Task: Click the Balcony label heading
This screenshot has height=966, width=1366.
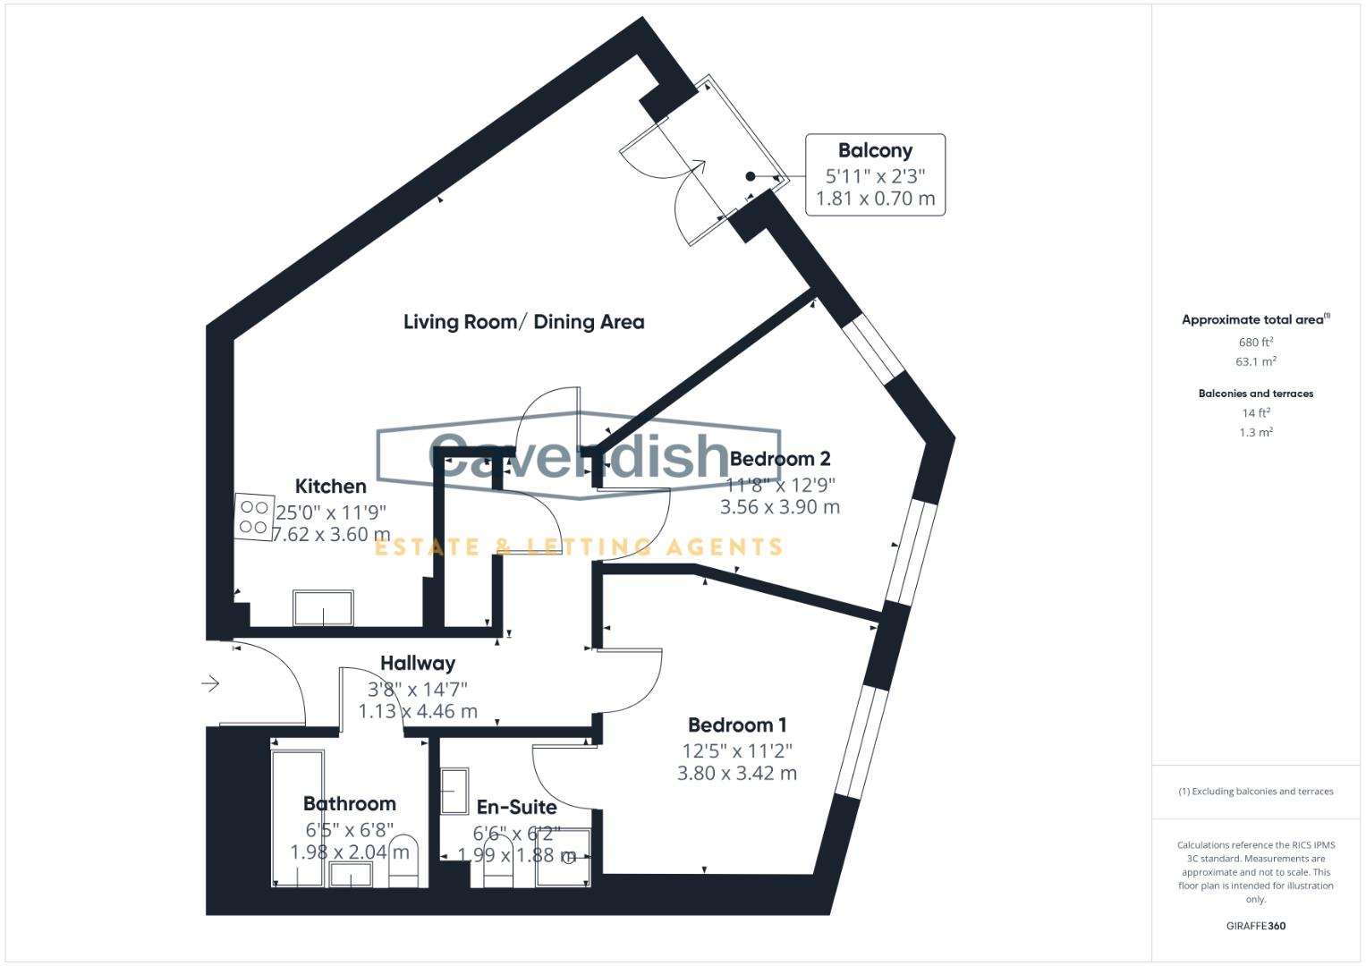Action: click(875, 150)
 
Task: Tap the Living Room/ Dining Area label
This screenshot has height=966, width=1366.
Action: click(523, 322)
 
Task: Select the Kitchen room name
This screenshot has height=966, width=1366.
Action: click(330, 487)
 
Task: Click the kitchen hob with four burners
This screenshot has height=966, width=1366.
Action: click(253, 517)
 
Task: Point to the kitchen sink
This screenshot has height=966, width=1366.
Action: click(323, 608)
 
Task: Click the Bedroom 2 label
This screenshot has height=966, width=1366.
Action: click(780, 459)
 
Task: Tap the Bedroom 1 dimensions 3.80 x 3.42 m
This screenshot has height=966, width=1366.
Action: click(736, 773)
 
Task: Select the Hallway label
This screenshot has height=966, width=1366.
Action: click(418, 664)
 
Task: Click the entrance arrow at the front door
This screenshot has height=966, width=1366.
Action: click(210, 684)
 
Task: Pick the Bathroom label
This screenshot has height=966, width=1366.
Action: click(349, 804)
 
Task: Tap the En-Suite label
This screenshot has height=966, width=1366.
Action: click(516, 808)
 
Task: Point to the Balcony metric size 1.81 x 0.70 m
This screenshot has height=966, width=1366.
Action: click(875, 199)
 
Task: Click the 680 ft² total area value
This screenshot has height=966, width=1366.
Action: click(1255, 343)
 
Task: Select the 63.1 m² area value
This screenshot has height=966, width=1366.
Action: click(1255, 362)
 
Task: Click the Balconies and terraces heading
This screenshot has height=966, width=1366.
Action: click(1255, 394)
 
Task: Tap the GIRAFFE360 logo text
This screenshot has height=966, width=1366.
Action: click(1255, 926)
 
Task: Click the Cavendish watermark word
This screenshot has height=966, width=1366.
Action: click(580, 456)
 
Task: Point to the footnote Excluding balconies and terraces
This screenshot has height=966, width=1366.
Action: click(1255, 792)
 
